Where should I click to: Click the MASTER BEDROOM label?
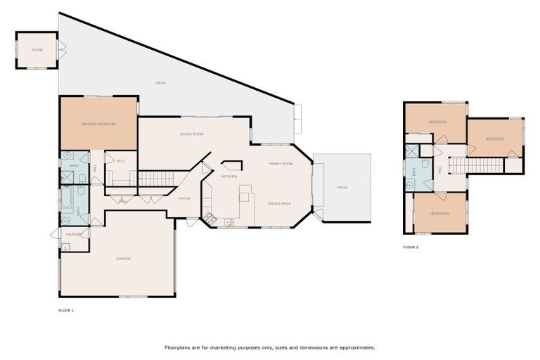click(98, 124)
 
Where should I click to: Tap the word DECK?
click(160, 83)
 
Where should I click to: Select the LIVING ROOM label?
click(191, 134)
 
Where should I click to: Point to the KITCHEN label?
click(230, 176)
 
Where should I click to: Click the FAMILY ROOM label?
click(281, 163)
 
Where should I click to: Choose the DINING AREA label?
click(279, 203)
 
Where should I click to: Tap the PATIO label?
click(342, 188)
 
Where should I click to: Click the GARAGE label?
click(124, 258)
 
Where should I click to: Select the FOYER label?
click(184, 198)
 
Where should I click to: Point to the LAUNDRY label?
click(74, 233)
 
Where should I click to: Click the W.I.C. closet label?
click(121, 161)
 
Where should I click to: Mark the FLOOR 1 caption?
click(65, 310)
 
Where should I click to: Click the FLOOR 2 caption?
click(411, 247)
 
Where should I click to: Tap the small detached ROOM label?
click(37, 50)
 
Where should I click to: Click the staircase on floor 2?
click(477, 165)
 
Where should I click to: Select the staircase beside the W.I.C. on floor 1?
click(155, 178)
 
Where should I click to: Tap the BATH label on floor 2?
click(415, 172)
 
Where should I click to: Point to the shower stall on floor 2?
click(411, 151)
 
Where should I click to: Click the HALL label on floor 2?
click(440, 169)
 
